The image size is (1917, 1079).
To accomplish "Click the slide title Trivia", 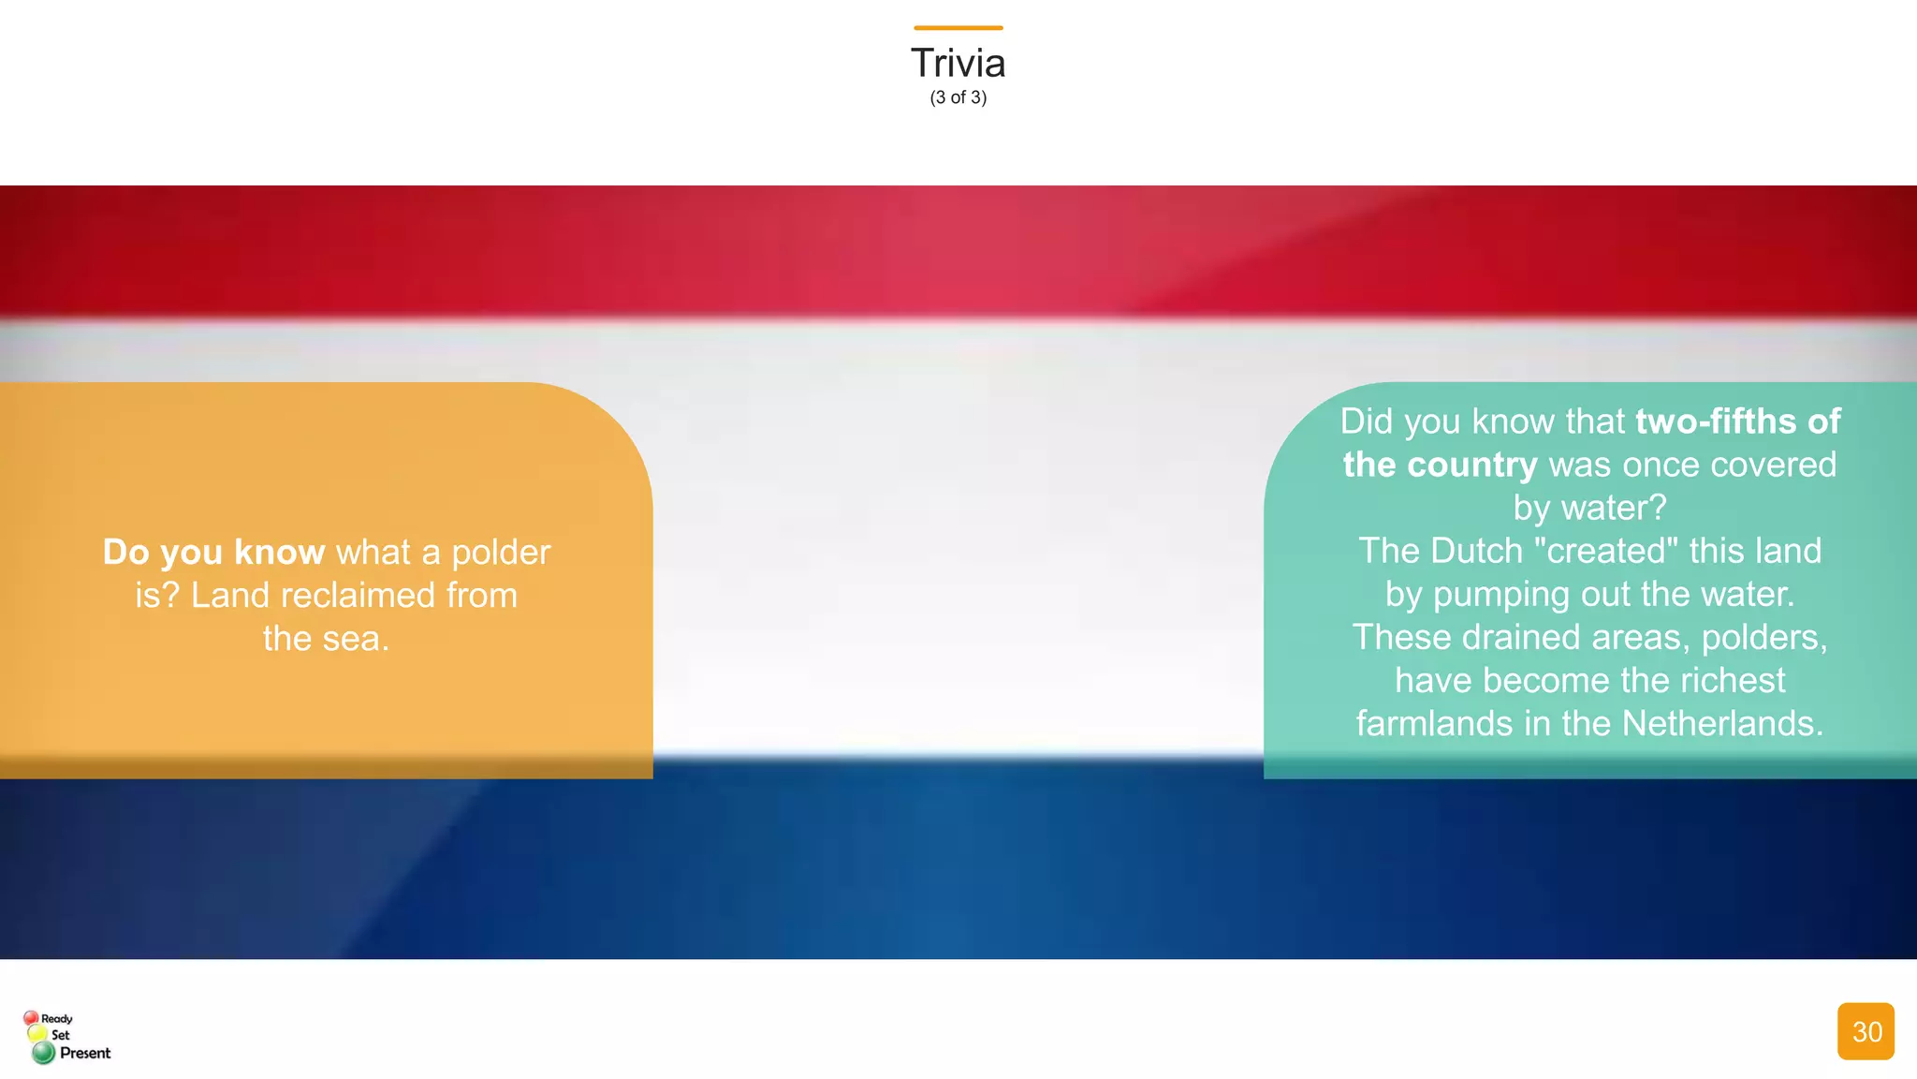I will click(958, 64).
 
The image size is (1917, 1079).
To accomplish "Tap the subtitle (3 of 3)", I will click(958, 97).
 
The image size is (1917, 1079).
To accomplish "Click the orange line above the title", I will click(958, 28).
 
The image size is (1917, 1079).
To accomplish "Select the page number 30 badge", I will click(1866, 1031).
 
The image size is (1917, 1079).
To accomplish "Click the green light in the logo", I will click(43, 1053).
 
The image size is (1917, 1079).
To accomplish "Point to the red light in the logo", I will click(31, 1018).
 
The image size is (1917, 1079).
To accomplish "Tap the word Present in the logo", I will click(85, 1053).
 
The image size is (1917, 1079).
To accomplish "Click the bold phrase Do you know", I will click(213, 552).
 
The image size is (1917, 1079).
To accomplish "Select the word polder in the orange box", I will click(501, 553).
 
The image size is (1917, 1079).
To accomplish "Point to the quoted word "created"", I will click(1606, 551).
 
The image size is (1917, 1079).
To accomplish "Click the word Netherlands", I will click(1722, 724).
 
